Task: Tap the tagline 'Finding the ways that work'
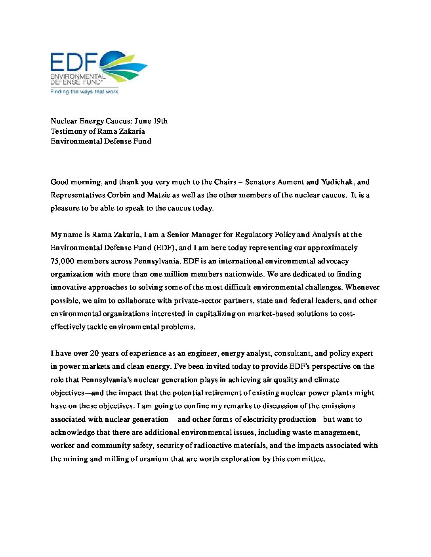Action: coord(84,92)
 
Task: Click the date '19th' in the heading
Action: coord(160,121)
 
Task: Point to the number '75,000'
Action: coord(63,261)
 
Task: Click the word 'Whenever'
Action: coord(362,287)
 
